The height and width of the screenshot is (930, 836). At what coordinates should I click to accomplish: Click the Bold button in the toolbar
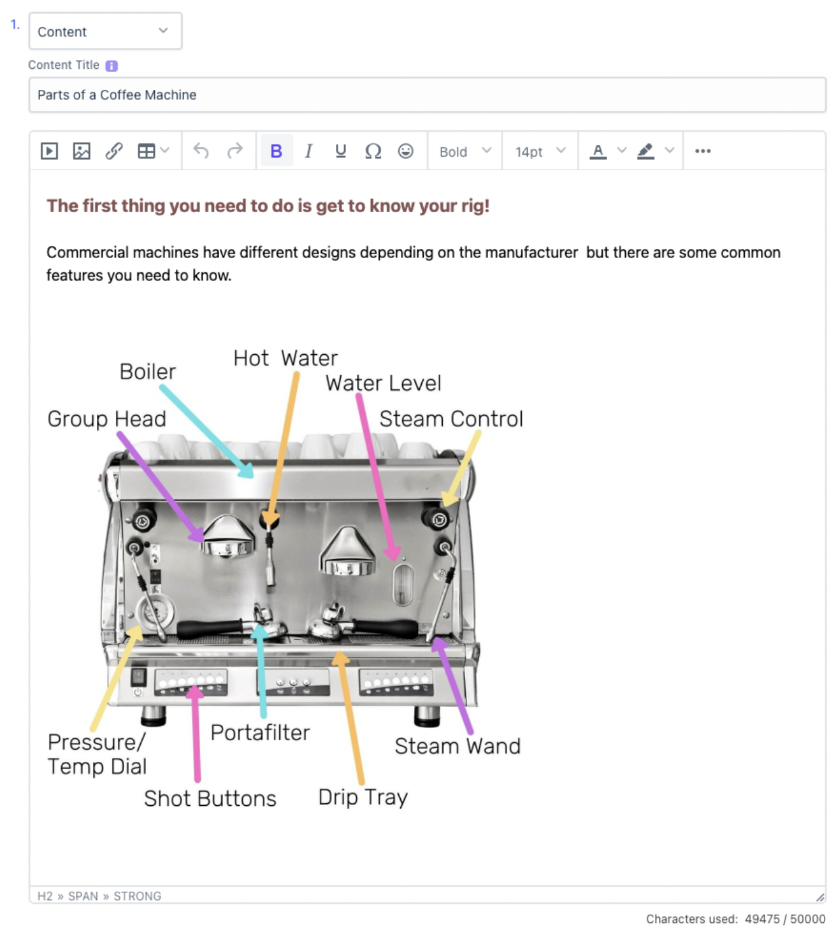pos(276,150)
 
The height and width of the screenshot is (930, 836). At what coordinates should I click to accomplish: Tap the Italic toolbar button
pos(308,150)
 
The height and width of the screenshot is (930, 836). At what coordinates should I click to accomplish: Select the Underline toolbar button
pos(340,150)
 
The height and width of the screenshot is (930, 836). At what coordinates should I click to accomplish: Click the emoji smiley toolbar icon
pos(405,150)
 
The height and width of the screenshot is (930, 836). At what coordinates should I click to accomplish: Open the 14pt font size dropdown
pos(540,151)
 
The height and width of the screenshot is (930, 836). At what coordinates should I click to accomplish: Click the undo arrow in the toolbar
pos(201,150)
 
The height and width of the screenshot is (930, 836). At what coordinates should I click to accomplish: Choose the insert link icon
pos(113,150)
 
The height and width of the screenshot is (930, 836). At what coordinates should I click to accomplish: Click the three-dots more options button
pos(702,150)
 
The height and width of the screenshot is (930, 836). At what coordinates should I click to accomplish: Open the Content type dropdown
pos(105,31)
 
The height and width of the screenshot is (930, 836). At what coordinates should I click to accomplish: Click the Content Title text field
pos(427,94)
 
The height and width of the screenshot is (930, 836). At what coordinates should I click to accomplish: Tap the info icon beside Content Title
pos(111,66)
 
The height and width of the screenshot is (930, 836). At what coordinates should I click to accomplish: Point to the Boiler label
pos(147,371)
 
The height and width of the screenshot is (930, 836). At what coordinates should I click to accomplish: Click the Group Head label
pos(106,418)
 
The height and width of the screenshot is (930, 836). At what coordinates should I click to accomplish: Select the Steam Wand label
pos(458,745)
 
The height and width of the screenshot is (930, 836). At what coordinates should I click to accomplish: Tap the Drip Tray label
pos(363,798)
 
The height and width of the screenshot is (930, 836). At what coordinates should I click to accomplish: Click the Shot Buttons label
pos(210,798)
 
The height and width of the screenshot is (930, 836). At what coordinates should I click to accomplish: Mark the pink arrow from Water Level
pos(377,477)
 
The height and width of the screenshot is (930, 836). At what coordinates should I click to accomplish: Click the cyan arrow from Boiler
pos(206,431)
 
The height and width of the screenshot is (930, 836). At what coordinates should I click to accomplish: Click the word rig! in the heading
pos(475,206)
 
